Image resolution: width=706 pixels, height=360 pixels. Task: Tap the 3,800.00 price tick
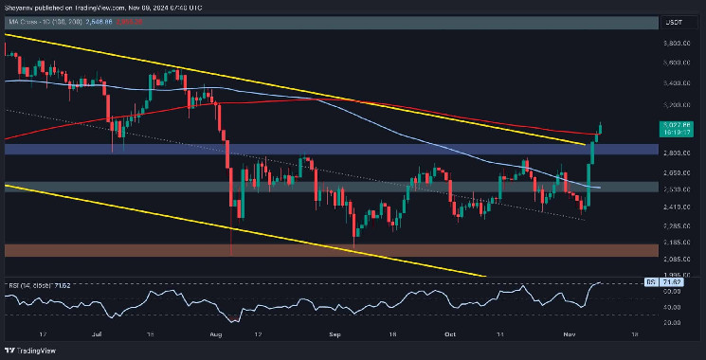(x=676, y=44)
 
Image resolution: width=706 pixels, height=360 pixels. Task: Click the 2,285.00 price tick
(x=676, y=226)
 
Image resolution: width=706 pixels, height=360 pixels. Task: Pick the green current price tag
(x=676, y=125)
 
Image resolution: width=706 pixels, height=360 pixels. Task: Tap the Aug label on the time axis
(x=219, y=335)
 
